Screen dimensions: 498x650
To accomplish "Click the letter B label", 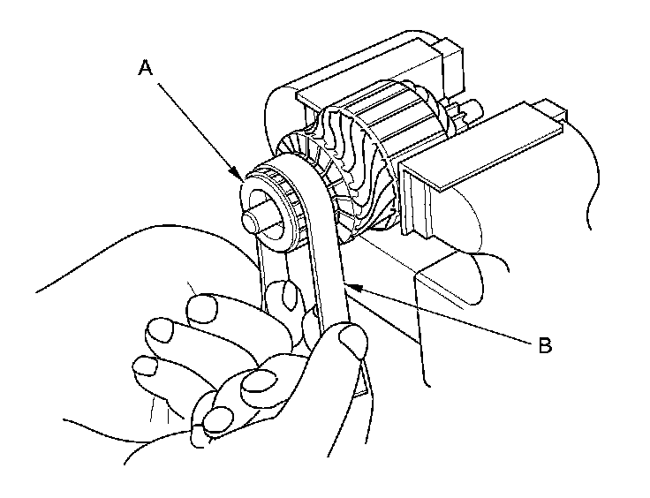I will pos(544,344).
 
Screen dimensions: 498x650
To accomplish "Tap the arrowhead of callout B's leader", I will pos(347,285).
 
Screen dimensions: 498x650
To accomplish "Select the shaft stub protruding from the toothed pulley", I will pos(255,215).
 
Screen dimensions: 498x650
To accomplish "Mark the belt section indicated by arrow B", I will pos(331,265).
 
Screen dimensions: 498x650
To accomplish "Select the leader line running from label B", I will pos(442,313).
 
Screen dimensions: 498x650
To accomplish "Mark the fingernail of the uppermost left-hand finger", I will pos(204,309).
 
